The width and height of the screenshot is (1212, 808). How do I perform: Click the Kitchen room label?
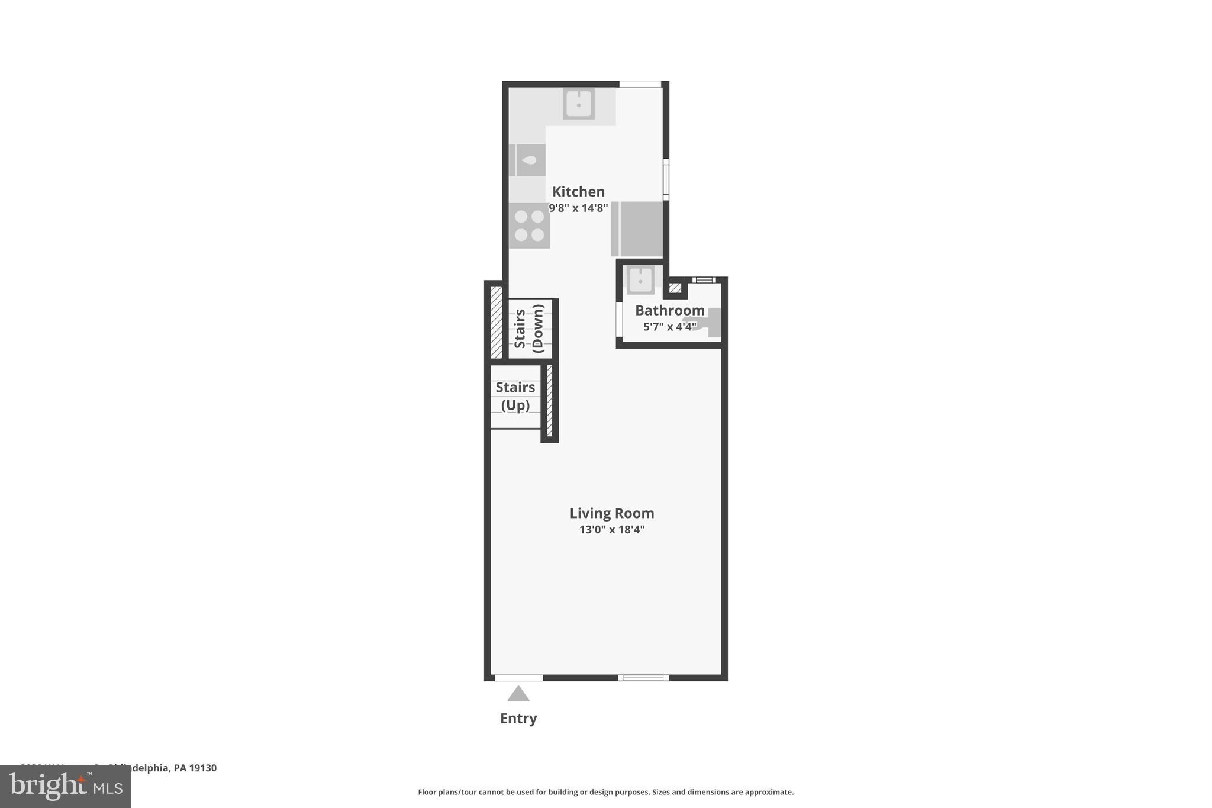[x=578, y=192]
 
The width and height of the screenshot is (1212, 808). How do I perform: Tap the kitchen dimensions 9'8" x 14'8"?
[x=578, y=208]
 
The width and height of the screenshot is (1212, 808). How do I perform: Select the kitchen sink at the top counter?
[x=578, y=104]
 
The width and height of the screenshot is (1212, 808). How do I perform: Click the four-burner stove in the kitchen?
[x=529, y=226]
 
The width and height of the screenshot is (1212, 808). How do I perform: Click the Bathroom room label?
[x=669, y=310]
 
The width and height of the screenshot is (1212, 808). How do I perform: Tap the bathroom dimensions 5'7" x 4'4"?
[x=669, y=327]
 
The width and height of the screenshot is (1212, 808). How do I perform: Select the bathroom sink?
[x=640, y=280]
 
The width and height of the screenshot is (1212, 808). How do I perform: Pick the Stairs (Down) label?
[x=529, y=329]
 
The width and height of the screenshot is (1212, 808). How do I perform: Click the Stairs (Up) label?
[x=515, y=396]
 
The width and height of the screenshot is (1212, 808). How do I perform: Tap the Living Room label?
[x=611, y=513]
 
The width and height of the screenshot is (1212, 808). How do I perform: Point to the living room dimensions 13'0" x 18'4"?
[x=611, y=530]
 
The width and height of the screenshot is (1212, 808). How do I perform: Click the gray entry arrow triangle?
[x=518, y=694]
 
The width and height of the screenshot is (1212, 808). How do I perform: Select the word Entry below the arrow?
[x=518, y=719]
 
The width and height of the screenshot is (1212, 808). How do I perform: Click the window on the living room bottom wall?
[x=643, y=678]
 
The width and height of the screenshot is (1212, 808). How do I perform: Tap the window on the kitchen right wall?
[x=666, y=179]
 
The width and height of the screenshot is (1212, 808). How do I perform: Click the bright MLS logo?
[x=66, y=787]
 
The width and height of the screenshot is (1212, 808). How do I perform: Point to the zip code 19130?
[x=203, y=768]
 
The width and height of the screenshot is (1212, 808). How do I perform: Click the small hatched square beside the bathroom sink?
[x=675, y=288]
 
